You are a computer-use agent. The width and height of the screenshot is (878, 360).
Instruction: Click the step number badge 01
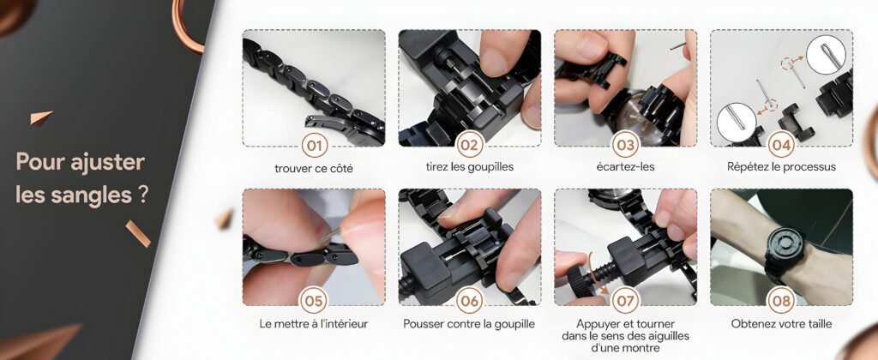click(314, 146)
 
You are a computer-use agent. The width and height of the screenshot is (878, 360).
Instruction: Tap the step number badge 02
click(470, 146)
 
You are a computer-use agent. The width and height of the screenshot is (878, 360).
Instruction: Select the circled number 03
click(625, 146)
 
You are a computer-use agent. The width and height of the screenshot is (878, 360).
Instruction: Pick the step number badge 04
click(781, 146)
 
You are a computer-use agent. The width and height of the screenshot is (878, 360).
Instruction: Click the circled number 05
click(314, 302)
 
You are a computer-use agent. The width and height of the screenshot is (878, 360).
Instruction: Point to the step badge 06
click(470, 302)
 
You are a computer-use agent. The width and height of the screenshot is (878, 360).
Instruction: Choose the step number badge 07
click(625, 302)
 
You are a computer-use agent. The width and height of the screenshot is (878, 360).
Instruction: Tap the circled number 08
click(781, 302)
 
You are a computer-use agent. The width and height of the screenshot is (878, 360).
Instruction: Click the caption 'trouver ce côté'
click(314, 168)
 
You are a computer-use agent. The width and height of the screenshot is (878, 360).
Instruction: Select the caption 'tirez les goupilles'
click(470, 167)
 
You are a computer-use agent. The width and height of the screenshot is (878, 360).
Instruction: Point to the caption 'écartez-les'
click(625, 167)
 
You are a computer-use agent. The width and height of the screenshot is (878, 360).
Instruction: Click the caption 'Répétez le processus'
click(781, 167)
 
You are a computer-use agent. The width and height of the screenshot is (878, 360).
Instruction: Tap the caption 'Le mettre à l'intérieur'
click(314, 324)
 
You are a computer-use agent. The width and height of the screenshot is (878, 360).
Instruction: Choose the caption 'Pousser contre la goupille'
click(469, 324)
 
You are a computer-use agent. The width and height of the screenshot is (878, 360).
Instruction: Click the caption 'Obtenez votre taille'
click(781, 324)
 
